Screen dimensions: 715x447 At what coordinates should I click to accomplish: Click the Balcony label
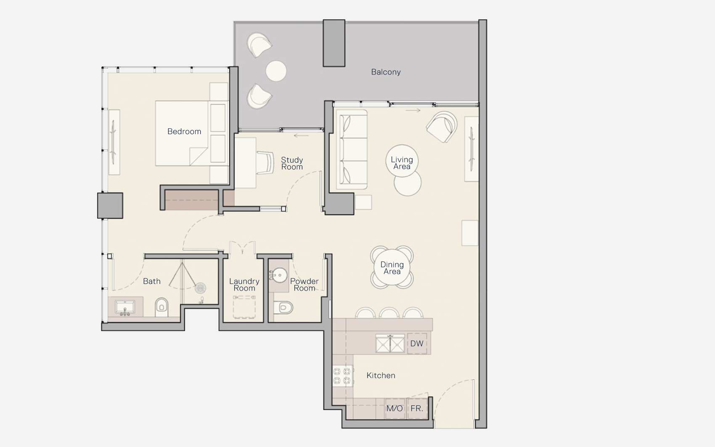[x=386, y=72]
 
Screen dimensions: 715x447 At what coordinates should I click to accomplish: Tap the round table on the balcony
[x=276, y=71]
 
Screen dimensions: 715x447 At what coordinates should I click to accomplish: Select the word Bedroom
[x=184, y=132]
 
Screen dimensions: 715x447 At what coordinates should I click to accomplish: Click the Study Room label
[x=292, y=163]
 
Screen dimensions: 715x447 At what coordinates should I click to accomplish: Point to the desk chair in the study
[x=265, y=163]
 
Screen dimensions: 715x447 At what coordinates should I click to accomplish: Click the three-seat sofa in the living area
[x=352, y=149]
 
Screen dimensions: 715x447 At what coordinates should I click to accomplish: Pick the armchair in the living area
[x=442, y=127]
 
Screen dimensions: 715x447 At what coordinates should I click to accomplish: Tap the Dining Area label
[x=392, y=268]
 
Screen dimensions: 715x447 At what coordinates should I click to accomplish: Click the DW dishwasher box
[x=417, y=344]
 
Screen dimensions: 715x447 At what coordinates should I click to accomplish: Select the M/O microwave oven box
[x=395, y=408]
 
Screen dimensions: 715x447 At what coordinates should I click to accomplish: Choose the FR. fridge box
[x=417, y=408]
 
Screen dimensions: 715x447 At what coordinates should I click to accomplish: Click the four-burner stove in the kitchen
[x=342, y=376]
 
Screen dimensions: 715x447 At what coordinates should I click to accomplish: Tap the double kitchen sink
[x=390, y=344]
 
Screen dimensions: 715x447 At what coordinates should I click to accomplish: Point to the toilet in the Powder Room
[x=284, y=307]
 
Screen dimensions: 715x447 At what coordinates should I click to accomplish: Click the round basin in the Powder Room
[x=279, y=275]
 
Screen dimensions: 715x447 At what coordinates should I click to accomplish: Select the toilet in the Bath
[x=162, y=307]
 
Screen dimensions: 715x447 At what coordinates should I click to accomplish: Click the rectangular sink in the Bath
[x=125, y=307]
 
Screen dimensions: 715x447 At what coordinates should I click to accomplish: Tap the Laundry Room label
[x=244, y=285]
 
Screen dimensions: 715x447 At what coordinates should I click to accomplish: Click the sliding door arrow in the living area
[x=413, y=111]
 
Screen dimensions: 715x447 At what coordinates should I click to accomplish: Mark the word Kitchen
[x=381, y=376]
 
